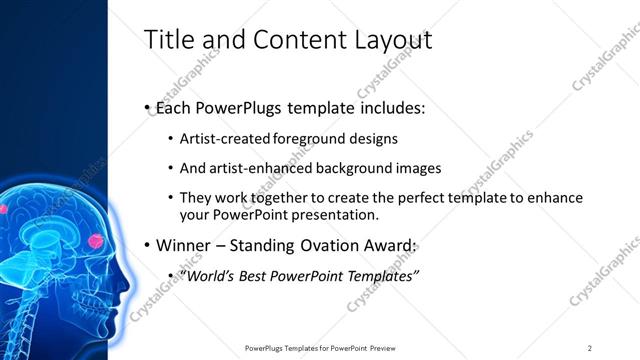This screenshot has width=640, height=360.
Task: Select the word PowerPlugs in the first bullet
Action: pos(242,107)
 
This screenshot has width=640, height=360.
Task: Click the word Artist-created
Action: pos(221,138)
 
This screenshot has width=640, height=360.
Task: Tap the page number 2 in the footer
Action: pos(589,348)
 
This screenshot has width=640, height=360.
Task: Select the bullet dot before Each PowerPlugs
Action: pos(148,108)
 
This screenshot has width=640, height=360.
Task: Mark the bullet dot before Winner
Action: pos(148,246)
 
